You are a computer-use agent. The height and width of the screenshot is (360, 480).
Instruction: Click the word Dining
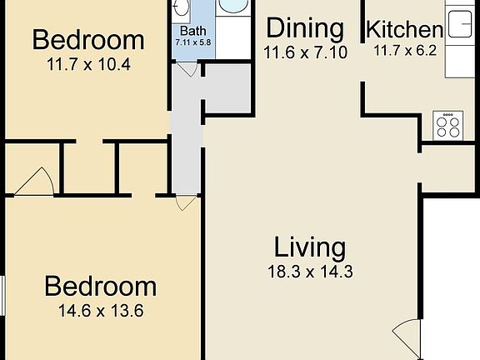coord(304,29)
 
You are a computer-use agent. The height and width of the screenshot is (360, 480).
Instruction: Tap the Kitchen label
coord(404,31)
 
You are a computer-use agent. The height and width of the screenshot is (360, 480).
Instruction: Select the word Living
coord(310,247)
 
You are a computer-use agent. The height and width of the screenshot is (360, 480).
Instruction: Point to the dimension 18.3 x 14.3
coord(310,271)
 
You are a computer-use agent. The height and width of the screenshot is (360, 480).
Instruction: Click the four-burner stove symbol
coord(448,126)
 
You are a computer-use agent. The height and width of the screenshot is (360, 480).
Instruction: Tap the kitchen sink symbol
coord(459,23)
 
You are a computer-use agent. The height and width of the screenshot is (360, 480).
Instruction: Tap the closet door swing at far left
coord(33,181)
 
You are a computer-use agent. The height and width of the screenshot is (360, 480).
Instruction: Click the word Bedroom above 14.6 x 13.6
coord(100,287)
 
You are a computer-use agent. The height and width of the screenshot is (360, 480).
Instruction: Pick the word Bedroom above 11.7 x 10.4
coord(87,39)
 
